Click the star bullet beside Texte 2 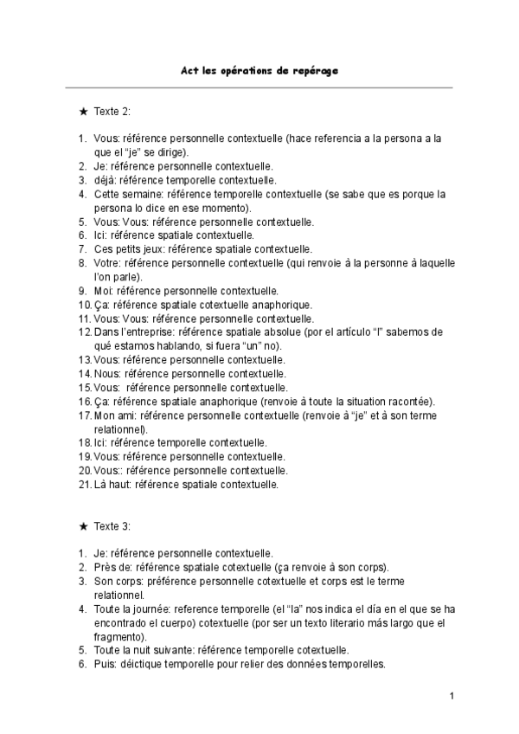click(x=82, y=112)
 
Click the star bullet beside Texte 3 click(x=82, y=526)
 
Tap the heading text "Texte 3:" click(x=112, y=526)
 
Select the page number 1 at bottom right click(x=452, y=695)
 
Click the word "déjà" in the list click(x=105, y=180)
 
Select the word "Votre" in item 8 click(x=107, y=263)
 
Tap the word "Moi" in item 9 click(x=103, y=291)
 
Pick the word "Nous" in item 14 click(x=107, y=374)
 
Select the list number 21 click(x=84, y=485)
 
